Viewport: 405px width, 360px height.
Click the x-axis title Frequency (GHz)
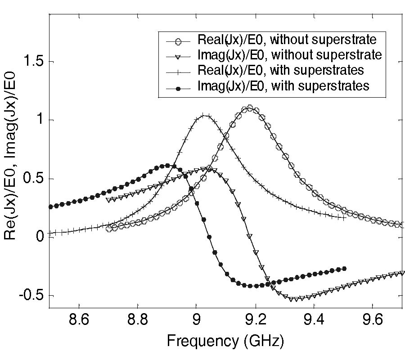pos(225,342)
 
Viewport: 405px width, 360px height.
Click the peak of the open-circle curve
pos(250,108)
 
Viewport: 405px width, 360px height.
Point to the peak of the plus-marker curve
pos(205,116)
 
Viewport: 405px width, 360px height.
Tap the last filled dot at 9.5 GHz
pos(344,269)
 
